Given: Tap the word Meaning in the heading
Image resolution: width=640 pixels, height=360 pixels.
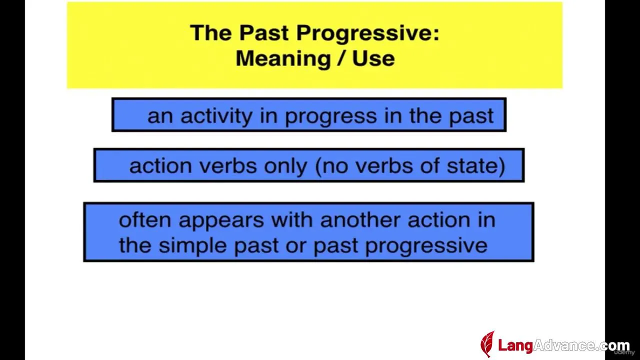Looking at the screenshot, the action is (283, 59).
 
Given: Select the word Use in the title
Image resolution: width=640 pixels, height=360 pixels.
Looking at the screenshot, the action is (373, 58).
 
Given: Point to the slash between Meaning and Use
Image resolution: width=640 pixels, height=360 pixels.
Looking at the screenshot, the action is (341, 59).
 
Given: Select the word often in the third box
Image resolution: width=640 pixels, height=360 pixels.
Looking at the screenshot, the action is (145, 220).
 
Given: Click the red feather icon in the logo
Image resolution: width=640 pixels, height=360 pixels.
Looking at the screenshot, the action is (487, 343).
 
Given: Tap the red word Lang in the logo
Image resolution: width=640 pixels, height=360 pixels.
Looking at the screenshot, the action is (515, 345).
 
